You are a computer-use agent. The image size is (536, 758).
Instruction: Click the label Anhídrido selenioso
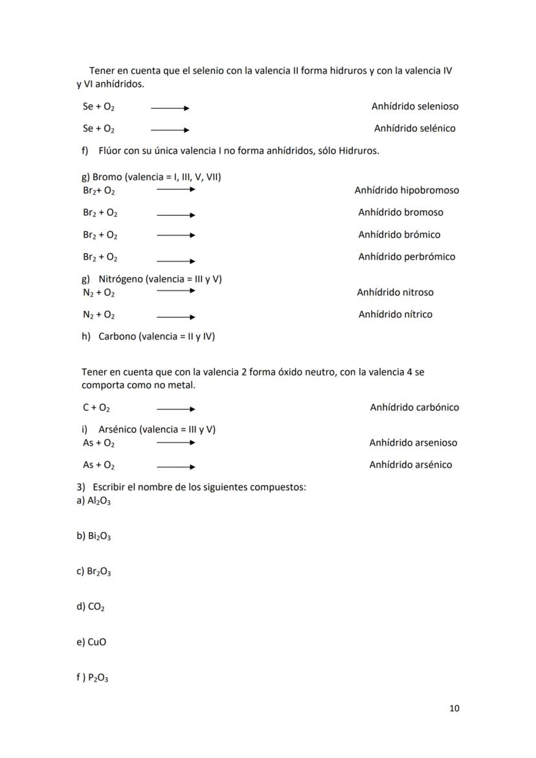point(414,106)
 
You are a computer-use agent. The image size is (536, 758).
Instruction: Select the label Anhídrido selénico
point(414,128)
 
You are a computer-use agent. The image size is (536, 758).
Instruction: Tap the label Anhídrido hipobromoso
point(407,190)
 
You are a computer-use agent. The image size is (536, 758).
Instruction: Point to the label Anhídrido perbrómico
point(407,257)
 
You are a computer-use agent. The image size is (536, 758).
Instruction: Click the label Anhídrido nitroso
point(395,293)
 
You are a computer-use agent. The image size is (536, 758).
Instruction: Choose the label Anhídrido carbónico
point(414,408)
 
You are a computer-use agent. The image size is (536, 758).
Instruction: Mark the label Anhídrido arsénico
point(410,465)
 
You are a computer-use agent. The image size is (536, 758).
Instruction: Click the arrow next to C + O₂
point(175,409)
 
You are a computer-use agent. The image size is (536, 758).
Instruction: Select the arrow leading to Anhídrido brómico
point(175,235)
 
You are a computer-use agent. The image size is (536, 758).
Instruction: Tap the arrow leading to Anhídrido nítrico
point(175,317)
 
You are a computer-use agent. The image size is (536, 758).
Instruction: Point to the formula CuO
point(96,642)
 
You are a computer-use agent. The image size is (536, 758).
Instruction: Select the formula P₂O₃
point(99,678)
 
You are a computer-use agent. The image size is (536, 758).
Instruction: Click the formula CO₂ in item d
point(96,607)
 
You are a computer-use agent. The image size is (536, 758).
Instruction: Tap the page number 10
point(454,708)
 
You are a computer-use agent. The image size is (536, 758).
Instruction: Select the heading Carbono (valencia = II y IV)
point(157,337)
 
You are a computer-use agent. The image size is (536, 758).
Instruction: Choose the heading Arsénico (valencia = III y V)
point(157,430)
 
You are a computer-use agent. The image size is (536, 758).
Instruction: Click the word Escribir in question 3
point(110,487)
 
